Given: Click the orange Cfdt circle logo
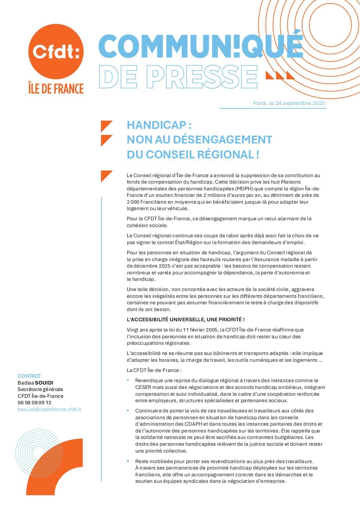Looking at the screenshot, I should pyautogui.click(x=56, y=51).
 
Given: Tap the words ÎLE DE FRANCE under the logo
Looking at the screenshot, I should pyautogui.click(x=56, y=88).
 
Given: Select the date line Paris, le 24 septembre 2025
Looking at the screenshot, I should pyautogui.click(x=289, y=103).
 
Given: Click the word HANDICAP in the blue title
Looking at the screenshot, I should pyautogui.click(x=156, y=125).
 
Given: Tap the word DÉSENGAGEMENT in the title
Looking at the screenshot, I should pyautogui.click(x=222, y=140).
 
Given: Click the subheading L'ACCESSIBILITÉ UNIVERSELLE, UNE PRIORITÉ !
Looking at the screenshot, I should pyautogui.click(x=186, y=320).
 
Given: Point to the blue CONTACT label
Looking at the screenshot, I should pyautogui.click(x=29, y=376).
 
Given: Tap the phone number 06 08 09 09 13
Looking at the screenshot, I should pyautogui.click(x=34, y=403).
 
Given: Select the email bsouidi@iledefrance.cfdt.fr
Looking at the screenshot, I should pyautogui.click(x=50, y=409).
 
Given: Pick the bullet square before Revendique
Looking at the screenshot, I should pyautogui.click(x=128, y=380).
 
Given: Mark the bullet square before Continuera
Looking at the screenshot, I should pyautogui.click(x=128, y=410).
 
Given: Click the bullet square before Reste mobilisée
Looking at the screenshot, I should pyautogui.click(x=128, y=461).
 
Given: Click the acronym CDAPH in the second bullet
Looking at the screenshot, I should pyautogui.click(x=194, y=424).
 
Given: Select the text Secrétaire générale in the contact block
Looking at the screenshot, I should pyautogui.click(x=40, y=389).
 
